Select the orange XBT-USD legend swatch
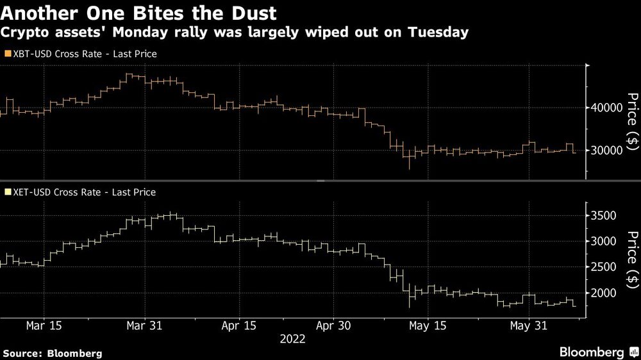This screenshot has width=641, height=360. pos(7,54)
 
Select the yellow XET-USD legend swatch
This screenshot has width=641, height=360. pos(7,192)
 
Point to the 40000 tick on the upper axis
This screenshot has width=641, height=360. pos(607,108)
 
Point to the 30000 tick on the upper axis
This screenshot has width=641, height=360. pos(607,151)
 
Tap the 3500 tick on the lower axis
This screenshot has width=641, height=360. pos(604,215)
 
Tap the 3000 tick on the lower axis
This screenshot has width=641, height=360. pos(604,241)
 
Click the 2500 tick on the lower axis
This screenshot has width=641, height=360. pos(604,267)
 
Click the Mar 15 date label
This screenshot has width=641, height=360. pos(45,326)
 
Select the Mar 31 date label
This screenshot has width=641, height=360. pos(145,326)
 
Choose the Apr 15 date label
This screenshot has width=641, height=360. pos(239,326)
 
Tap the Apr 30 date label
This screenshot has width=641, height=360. pos(333,326)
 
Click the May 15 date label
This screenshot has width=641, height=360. pos(428,326)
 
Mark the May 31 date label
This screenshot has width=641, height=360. pos(528,326)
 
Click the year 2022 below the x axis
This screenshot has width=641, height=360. pos(292,340)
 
